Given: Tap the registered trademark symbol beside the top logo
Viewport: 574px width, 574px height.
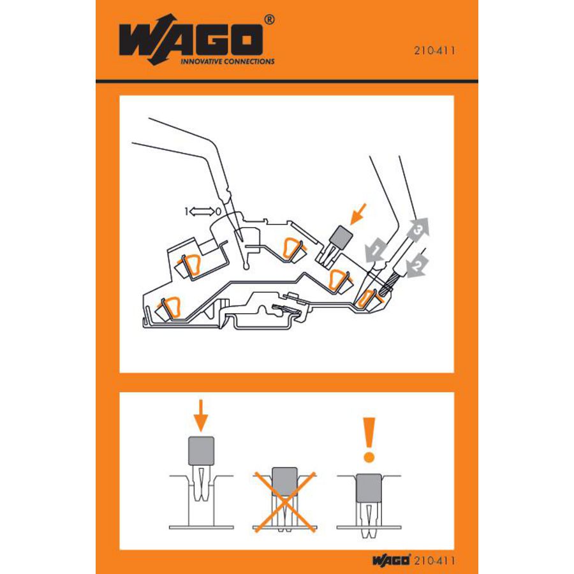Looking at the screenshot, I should tap(269, 20).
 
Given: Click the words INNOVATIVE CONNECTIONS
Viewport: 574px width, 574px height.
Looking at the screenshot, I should tap(228, 62).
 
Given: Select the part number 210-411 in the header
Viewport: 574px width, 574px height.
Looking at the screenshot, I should tap(436, 52).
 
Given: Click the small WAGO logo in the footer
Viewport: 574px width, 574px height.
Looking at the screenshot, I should tap(391, 561).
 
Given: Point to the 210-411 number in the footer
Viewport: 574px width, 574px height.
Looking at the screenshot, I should tap(435, 561).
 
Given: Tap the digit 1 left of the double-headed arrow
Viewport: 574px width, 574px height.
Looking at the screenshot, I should tap(186, 210).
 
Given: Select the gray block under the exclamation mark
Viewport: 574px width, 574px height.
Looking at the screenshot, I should tap(368, 487).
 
